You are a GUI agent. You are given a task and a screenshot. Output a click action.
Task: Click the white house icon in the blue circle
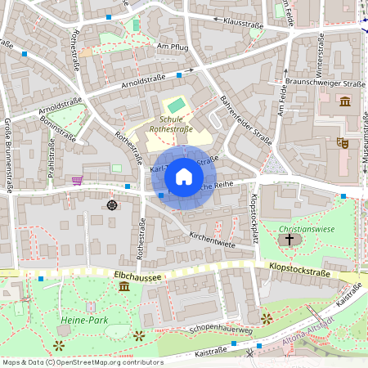point(184,177)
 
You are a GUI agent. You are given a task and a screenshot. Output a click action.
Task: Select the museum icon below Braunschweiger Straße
point(344,101)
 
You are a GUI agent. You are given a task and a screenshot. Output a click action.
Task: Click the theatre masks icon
point(342,142)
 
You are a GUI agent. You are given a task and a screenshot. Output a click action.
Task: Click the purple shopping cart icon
point(78,180)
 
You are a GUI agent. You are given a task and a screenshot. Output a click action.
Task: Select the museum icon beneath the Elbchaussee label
point(123,287)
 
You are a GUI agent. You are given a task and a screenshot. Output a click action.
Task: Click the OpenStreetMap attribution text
point(82,362)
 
